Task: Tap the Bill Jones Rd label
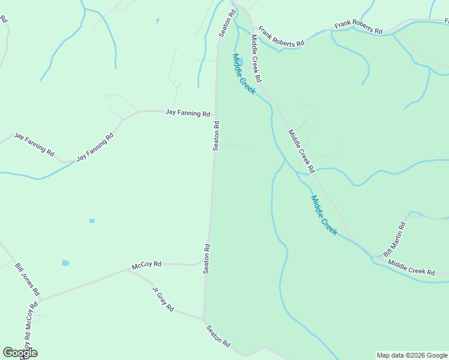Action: click(x=27, y=278)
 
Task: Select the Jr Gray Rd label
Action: click(x=163, y=299)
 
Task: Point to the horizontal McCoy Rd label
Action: click(x=146, y=264)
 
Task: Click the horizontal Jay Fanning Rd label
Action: click(x=187, y=113)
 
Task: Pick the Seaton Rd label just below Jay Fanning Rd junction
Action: click(x=216, y=136)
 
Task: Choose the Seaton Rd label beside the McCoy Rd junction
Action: click(x=206, y=258)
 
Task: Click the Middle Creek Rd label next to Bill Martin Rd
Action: click(x=411, y=268)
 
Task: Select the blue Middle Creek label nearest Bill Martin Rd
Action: click(x=324, y=215)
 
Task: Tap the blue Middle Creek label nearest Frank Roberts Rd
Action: click(x=244, y=74)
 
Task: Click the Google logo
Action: click(x=20, y=352)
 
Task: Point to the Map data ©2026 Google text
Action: click(x=412, y=355)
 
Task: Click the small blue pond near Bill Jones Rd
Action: click(x=65, y=263)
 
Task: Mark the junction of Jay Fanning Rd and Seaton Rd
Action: click(x=215, y=112)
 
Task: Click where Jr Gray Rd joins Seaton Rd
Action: click(x=204, y=320)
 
